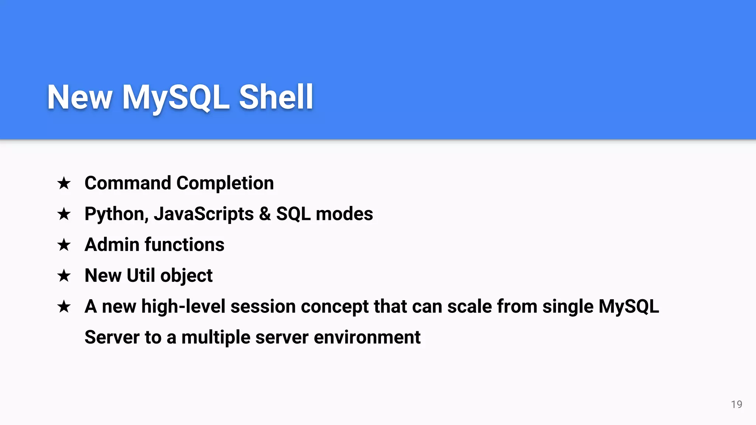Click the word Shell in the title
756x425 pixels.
[x=276, y=97]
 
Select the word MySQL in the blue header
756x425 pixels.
[x=176, y=98]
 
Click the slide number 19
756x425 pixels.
[x=736, y=404]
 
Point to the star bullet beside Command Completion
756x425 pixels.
[x=64, y=183]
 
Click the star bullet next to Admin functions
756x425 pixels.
[x=64, y=245]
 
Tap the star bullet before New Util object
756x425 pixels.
[x=64, y=276]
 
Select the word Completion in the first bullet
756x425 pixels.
[x=225, y=183]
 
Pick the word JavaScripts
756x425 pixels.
[x=204, y=214]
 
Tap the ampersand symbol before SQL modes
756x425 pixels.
[x=265, y=214]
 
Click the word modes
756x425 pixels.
[x=344, y=214]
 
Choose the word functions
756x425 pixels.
[x=184, y=245]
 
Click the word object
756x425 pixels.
[x=186, y=276]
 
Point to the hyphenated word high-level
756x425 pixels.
[x=183, y=307]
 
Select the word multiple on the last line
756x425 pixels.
[x=216, y=338]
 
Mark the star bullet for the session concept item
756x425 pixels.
[x=64, y=307]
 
